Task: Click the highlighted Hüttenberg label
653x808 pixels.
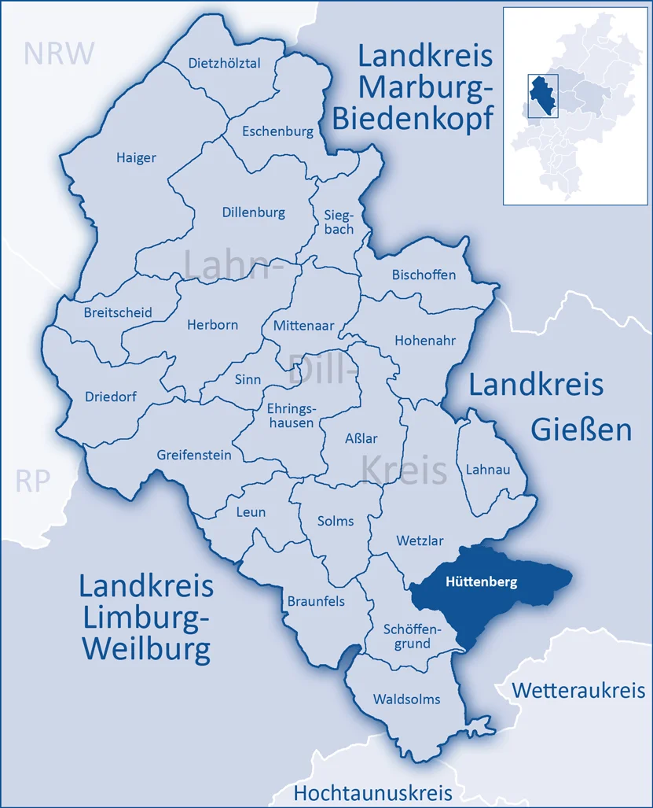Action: (x=481, y=583)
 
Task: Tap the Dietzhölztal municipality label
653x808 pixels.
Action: (x=224, y=64)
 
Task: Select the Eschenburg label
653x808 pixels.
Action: (x=277, y=131)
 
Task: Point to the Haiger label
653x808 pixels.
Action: (x=136, y=157)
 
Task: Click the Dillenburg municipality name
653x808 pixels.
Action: (x=253, y=212)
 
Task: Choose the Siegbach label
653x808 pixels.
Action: (x=339, y=222)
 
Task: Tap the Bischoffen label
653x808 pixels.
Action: (x=424, y=275)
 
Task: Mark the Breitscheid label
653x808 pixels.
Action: (x=118, y=312)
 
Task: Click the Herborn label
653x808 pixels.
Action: (x=212, y=324)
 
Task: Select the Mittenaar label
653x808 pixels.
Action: (x=303, y=325)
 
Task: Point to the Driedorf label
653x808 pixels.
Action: (x=110, y=397)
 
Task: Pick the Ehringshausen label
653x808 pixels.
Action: (x=291, y=415)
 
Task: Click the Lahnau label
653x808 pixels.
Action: (x=488, y=469)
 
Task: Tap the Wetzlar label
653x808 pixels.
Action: (x=420, y=541)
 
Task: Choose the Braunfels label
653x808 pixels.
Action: (x=315, y=601)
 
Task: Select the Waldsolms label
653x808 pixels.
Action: (x=406, y=699)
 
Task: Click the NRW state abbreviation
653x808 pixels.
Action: (x=59, y=53)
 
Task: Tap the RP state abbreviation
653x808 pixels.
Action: (x=33, y=481)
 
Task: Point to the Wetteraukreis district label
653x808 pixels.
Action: (x=578, y=691)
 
